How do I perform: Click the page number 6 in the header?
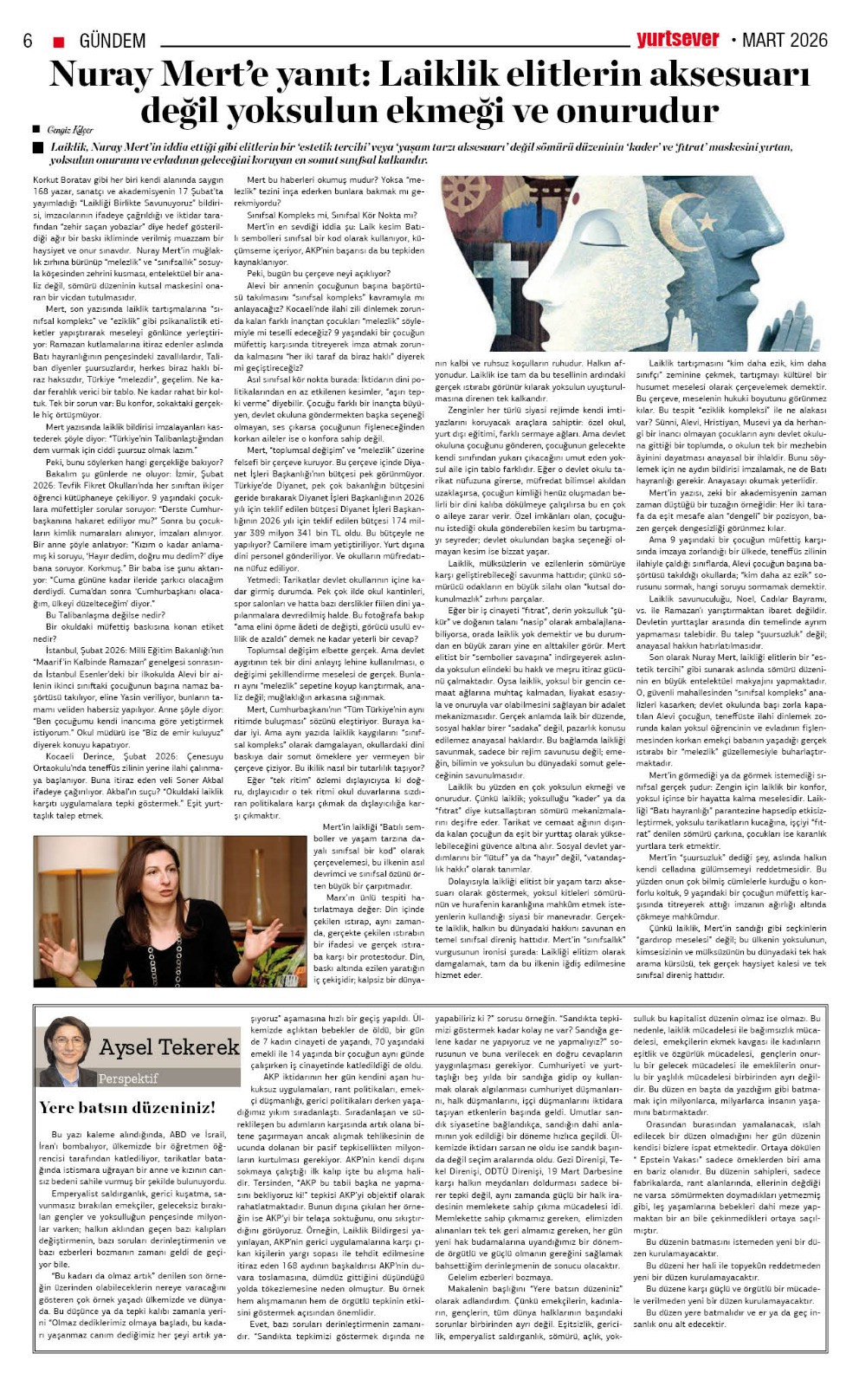click(x=28, y=41)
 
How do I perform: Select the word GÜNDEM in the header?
click(x=113, y=41)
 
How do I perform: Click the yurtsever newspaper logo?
click(x=678, y=39)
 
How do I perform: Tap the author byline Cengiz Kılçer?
click(x=71, y=130)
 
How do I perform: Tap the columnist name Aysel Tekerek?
click(x=169, y=1047)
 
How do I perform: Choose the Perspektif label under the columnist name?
click(x=128, y=1078)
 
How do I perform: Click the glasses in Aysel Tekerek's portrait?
click(x=65, y=1039)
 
